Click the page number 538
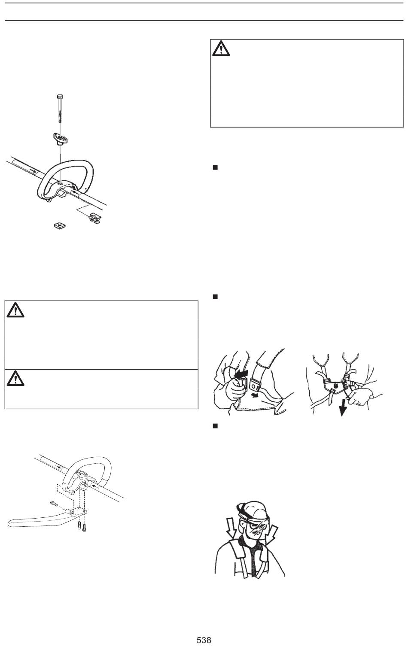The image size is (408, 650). [204, 640]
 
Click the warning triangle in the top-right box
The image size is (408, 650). [221, 49]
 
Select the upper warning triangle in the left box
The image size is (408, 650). [15, 310]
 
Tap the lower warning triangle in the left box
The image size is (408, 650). [15, 378]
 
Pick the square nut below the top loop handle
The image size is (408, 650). [60, 225]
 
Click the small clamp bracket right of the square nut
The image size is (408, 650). [96, 218]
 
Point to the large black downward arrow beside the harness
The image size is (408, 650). [343, 407]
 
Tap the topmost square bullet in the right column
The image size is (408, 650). [215, 167]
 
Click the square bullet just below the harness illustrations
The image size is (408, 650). [215, 426]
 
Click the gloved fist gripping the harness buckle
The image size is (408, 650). [235, 389]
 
